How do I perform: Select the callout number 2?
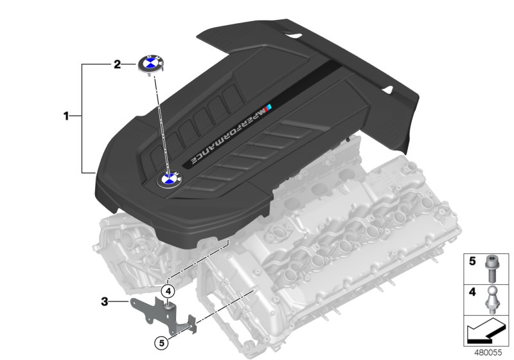click(117, 64)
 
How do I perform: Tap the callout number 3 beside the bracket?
click(104, 300)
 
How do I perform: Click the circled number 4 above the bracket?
click(168, 291)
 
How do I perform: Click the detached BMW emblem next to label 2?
click(151, 65)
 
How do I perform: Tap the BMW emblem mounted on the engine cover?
click(170, 179)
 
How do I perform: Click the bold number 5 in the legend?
click(472, 262)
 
